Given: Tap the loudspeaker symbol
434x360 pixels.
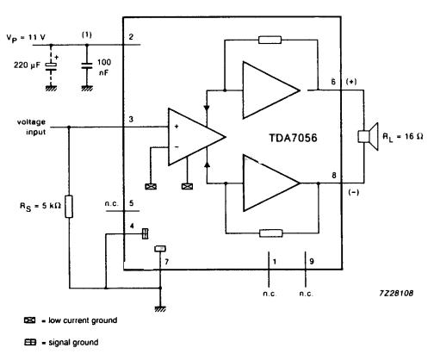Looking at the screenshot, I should click(364, 136).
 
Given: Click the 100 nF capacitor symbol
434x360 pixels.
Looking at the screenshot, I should click(87, 65).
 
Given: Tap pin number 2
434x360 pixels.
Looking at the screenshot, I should click(130, 36).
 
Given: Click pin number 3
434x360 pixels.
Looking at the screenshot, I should click(130, 118).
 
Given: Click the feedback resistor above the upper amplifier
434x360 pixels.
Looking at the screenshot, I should click(270, 40).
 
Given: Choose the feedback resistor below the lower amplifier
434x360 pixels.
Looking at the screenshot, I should click(270, 232).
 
